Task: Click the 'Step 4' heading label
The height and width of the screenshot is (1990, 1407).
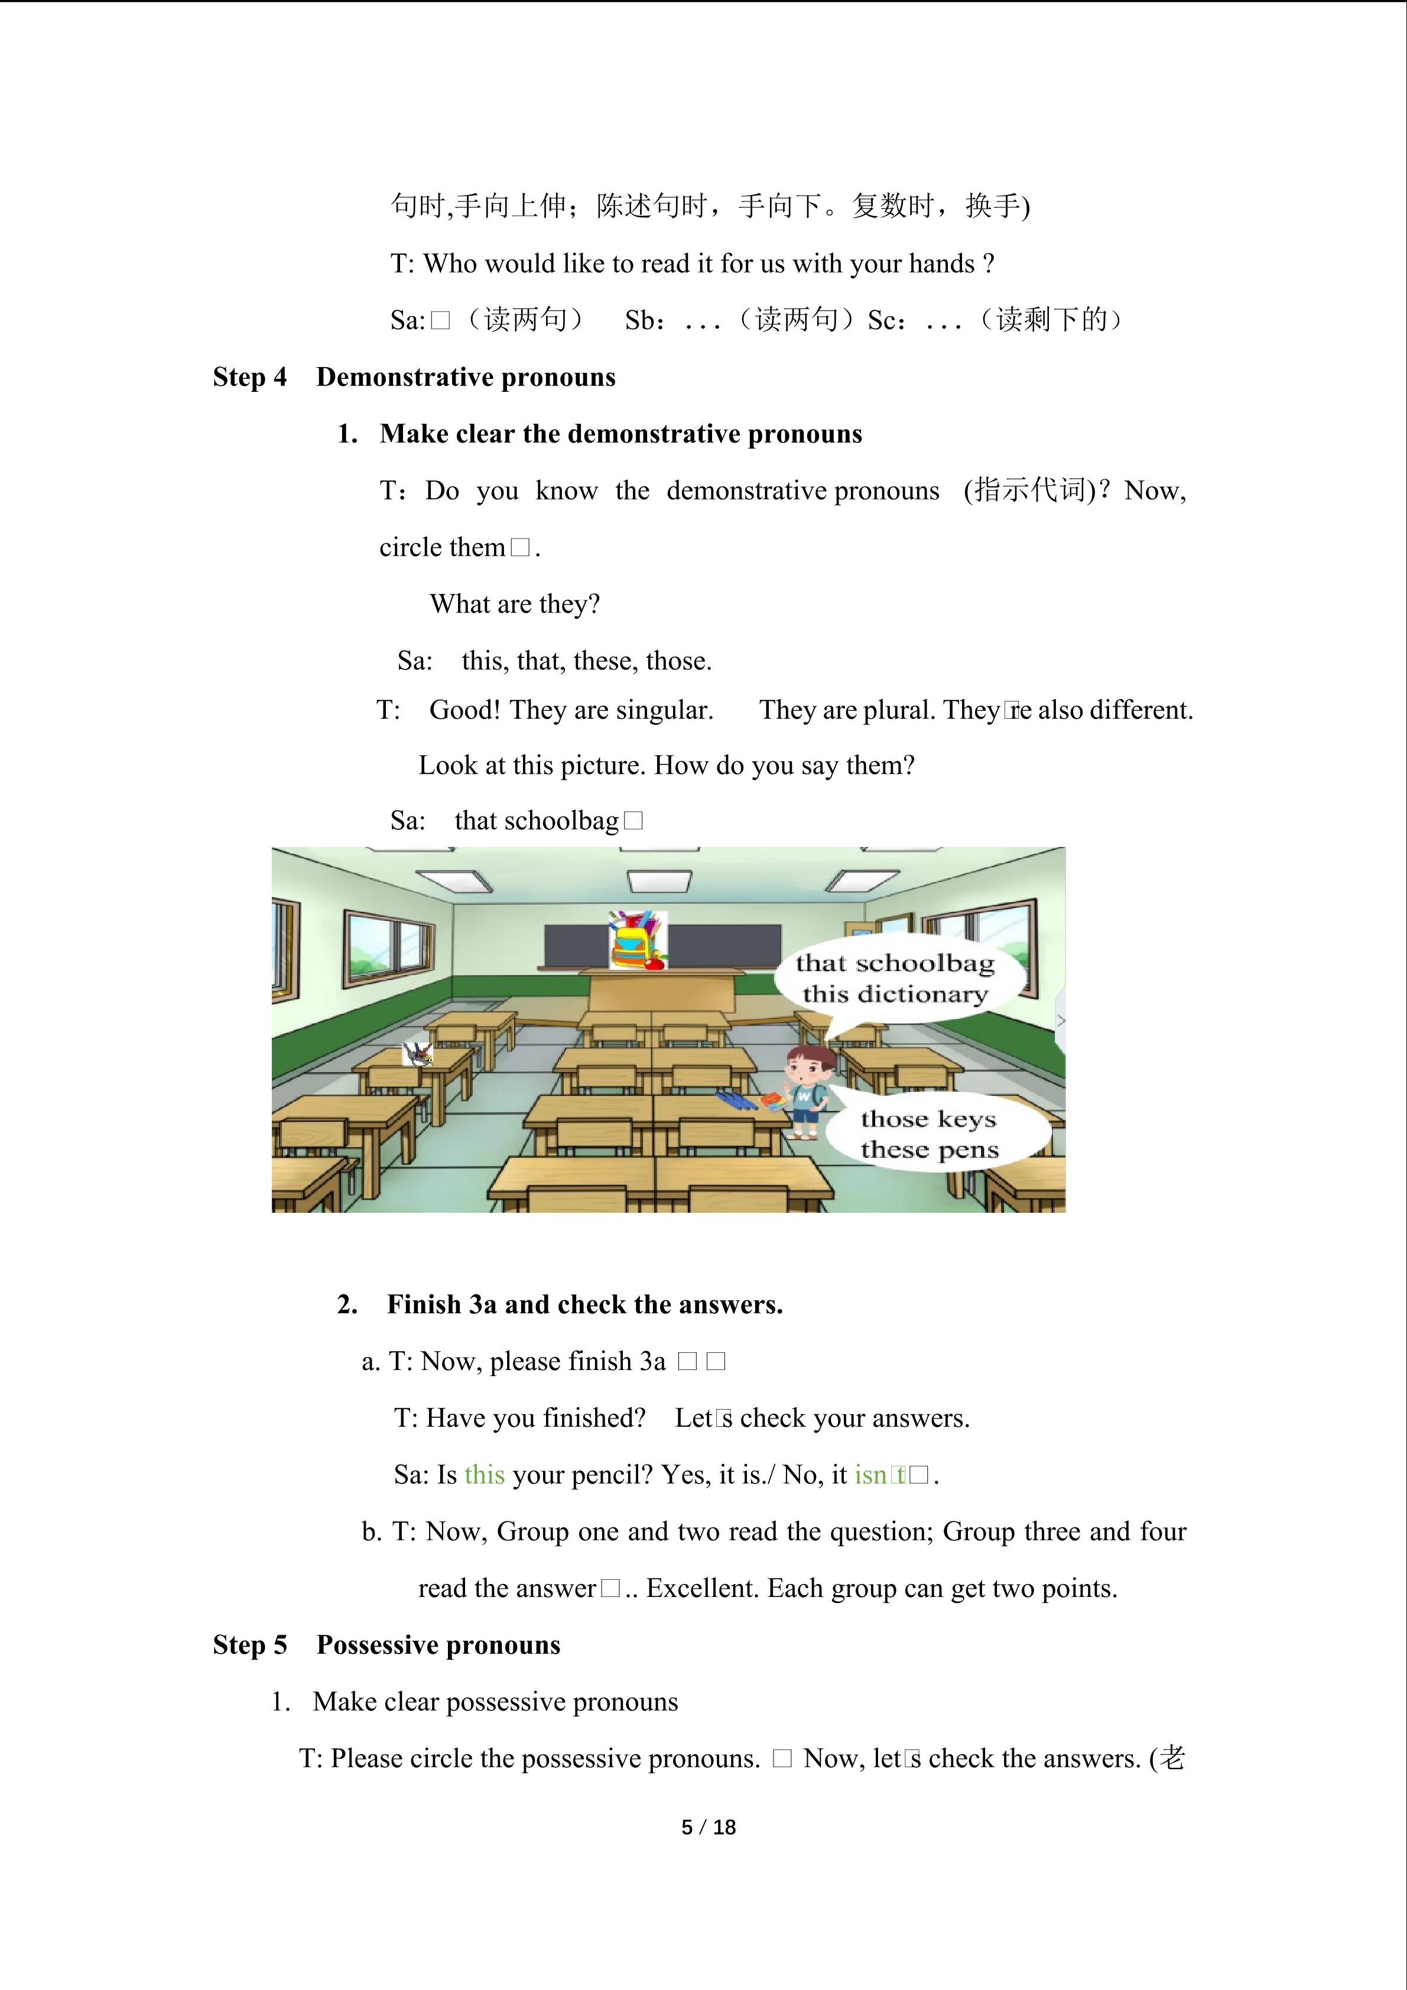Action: tap(249, 377)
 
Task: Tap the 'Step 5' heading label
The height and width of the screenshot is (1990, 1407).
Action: tap(249, 1645)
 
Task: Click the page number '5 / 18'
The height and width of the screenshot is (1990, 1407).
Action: tap(709, 1827)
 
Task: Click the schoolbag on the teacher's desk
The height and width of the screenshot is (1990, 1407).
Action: tap(637, 940)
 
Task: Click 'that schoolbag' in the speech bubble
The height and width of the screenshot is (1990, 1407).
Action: tap(895, 963)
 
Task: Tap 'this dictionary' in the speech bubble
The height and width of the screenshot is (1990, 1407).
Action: tap(895, 994)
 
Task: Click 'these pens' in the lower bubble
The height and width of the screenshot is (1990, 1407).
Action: tap(930, 1150)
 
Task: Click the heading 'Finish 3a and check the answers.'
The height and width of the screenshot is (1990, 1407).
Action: tap(585, 1304)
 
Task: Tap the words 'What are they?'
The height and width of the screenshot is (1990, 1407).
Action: tap(515, 604)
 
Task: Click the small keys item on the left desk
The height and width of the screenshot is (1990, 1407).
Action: tap(418, 1054)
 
